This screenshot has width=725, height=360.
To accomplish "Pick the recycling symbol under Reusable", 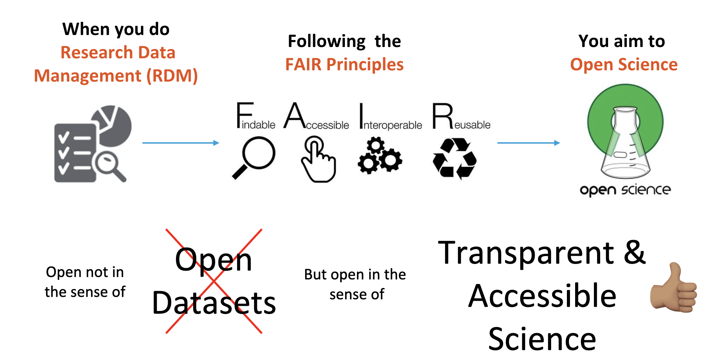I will coord(454,158).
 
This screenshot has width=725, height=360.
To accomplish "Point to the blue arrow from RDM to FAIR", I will coord(180,143).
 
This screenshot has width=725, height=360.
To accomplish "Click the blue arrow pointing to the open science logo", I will coord(528,143).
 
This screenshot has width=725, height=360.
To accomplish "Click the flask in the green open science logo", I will coord(625,144).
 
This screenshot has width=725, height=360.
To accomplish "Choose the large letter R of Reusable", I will coord(442,116).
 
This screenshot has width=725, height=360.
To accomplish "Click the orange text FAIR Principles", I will coord(344,64).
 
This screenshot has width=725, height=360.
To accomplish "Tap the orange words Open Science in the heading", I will coord(623,64).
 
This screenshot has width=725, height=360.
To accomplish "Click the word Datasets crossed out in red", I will coord(214,303).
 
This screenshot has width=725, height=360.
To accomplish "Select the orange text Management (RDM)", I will coord(116,76).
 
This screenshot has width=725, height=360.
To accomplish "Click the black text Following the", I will coord(344,41).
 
